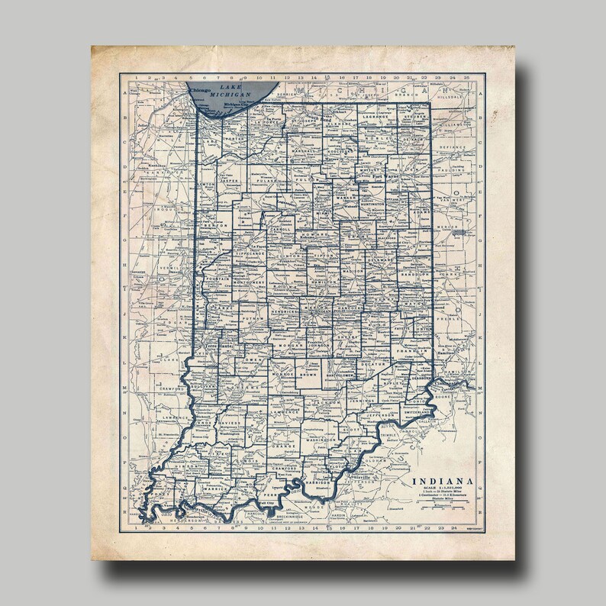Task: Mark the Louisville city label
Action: (363, 477)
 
